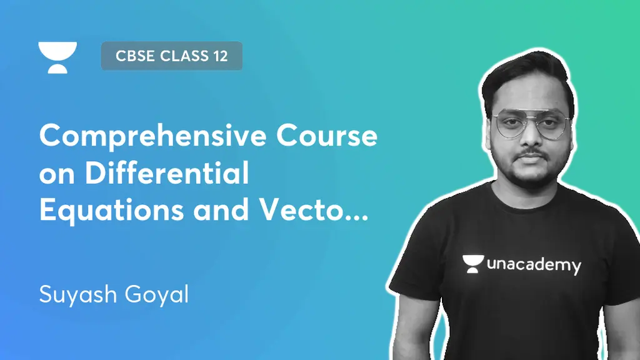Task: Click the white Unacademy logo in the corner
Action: (57, 57)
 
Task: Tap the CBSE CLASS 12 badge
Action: (171, 56)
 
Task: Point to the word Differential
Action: (167, 173)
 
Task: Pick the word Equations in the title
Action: (111, 211)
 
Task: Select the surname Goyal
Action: (159, 294)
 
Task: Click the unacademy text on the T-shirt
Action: (533, 265)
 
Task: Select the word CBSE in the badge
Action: (135, 56)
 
